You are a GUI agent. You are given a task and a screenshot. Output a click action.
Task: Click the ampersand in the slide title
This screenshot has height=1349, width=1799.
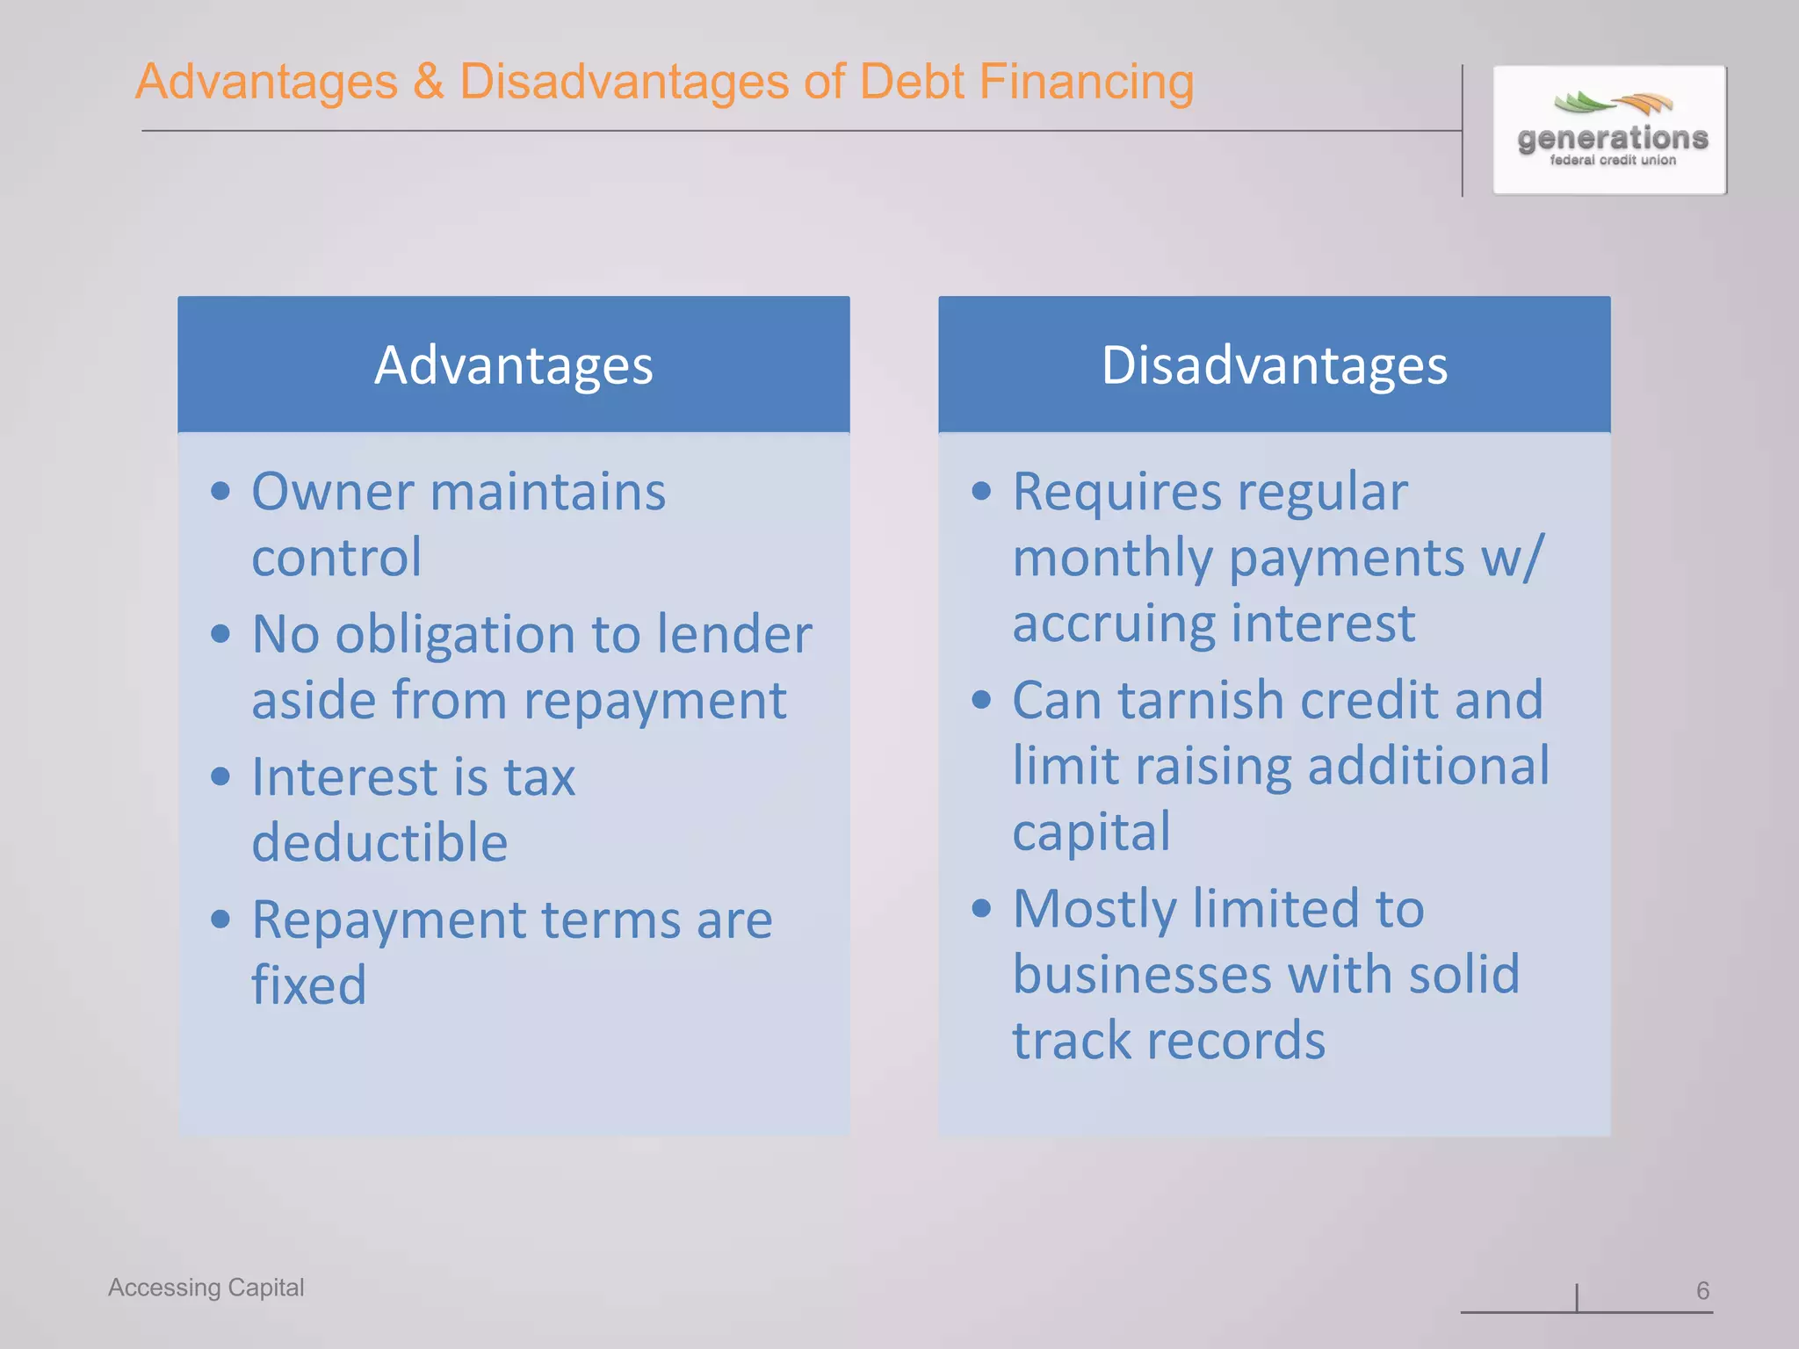[x=429, y=83]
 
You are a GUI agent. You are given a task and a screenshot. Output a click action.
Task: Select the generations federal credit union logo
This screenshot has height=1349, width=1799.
[x=1610, y=130]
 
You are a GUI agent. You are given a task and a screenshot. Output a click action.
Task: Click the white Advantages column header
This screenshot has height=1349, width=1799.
[x=513, y=365]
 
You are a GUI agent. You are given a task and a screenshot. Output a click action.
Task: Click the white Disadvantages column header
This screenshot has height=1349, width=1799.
[x=1274, y=365]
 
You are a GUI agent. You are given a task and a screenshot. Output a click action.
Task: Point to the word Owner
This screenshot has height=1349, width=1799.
[x=332, y=492]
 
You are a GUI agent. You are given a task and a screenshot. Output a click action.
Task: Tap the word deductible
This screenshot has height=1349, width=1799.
[x=379, y=843]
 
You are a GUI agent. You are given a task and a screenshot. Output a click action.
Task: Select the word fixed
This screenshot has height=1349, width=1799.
[x=308, y=985]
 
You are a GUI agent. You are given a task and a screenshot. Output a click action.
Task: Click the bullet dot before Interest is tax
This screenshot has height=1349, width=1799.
[x=220, y=776]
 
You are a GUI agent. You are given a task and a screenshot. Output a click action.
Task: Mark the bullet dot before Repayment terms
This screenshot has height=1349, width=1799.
[x=220, y=920]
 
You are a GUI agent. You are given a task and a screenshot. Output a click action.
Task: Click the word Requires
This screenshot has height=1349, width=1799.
[x=1116, y=492]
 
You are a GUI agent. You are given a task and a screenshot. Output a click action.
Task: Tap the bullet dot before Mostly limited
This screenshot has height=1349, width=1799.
[x=981, y=908]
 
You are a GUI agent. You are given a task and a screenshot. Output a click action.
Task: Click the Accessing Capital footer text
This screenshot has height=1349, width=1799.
[x=206, y=1288]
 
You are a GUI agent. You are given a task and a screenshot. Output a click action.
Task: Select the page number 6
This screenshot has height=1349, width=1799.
[x=1702, y=1290]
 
